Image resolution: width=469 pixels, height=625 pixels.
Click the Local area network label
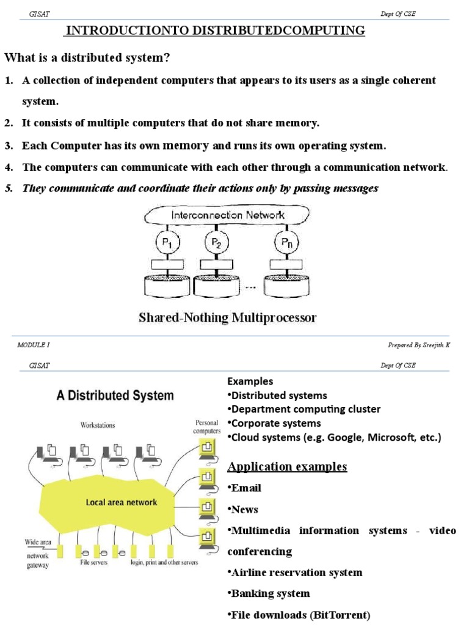point(121,502)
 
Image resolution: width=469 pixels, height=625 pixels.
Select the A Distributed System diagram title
point(115,395)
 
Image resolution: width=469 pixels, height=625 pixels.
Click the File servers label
point(95,562)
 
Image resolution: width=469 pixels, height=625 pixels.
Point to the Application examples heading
point(287,467)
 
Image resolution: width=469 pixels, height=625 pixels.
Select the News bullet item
point(243,510)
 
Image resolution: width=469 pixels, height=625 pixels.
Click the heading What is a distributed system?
point(87,57)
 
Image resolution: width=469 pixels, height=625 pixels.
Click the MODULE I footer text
point(34,345)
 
